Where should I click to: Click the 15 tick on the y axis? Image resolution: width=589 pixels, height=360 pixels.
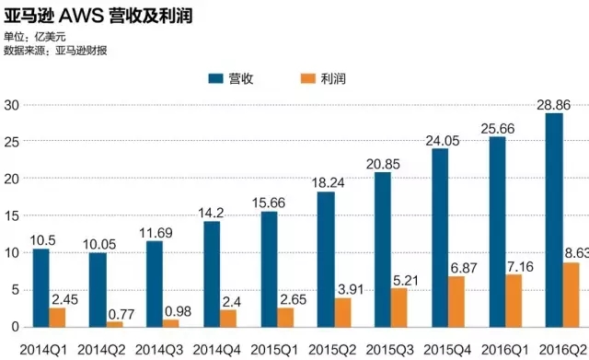pyautogui.click(x=13, y=215)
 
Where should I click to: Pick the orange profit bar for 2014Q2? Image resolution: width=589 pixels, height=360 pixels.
pyautogui.click(x=115, y=323)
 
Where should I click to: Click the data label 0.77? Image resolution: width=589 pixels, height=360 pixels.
pyautogui.click(x=125, y=313)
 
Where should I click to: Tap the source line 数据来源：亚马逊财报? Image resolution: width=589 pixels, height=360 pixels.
pyautogui.click(x=57, y=49)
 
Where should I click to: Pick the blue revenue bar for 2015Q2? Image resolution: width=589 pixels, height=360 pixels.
pyautogui.click(x=326, y=259)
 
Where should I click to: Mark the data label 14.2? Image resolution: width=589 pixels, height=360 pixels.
pyautogui.click(x=212, y=214)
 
